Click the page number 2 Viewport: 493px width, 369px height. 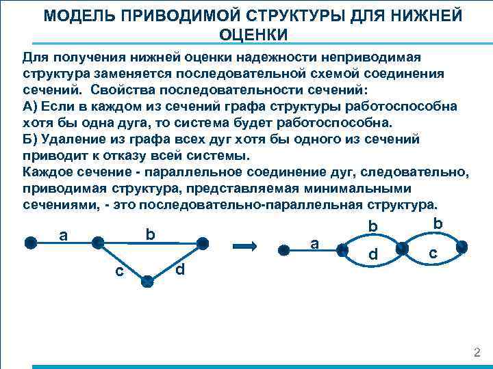click(x=477, y=353)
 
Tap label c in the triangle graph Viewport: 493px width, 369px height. click(x=119, y=271)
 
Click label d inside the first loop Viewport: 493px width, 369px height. click(x=372, y=255)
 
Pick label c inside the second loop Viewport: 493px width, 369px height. click(x=432, y=253)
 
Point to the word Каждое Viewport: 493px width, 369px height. click(x=48, y=172)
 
